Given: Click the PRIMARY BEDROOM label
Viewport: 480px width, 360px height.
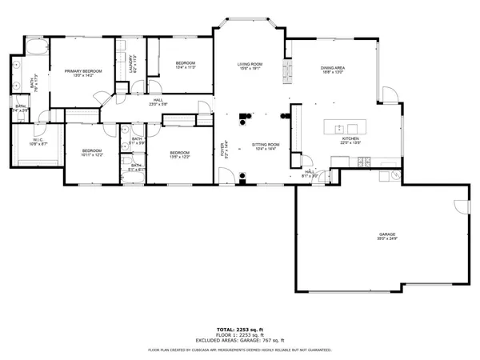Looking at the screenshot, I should tap(83, 70).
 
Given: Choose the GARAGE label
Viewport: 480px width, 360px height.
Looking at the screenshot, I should tap(387, 234).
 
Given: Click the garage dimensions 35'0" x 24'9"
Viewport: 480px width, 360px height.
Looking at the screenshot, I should tap(387, 239).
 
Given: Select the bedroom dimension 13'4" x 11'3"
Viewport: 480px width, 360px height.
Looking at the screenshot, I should tap(186, 67).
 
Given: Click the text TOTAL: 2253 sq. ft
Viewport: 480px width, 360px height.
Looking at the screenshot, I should tap(239, 330).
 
